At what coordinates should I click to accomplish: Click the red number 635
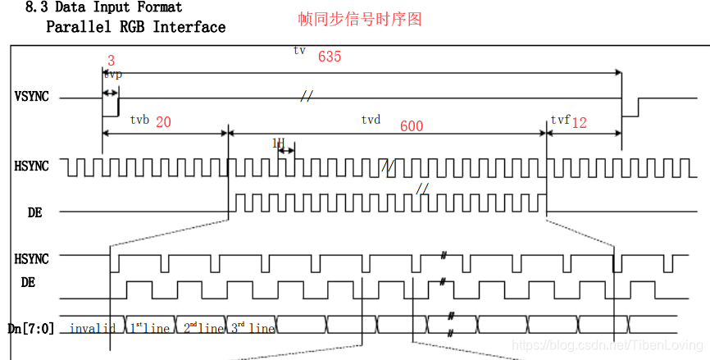tap(329, 57)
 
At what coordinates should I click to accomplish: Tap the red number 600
tap(412, 126)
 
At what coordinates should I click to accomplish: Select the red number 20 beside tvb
tap(163, 121)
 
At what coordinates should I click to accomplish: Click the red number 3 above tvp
tap(111, 60)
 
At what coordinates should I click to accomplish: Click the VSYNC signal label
tap(32, 96)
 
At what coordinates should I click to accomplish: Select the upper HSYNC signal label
tap(32, 166)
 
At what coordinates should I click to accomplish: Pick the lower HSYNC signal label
tap(32, 258)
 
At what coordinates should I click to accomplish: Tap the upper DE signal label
tap(34, 212)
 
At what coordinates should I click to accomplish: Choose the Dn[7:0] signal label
tap(31, 328)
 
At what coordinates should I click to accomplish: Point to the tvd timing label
tap(371, 120)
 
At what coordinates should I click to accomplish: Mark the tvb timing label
tap(139, 120)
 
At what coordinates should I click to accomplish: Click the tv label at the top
tap(299, 50)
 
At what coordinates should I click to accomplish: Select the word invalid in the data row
tap(92, 329)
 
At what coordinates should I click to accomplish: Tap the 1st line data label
tap(149, 328)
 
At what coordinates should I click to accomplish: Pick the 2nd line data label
tap(201, 328)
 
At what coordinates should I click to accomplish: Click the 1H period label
tap(278, 143)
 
